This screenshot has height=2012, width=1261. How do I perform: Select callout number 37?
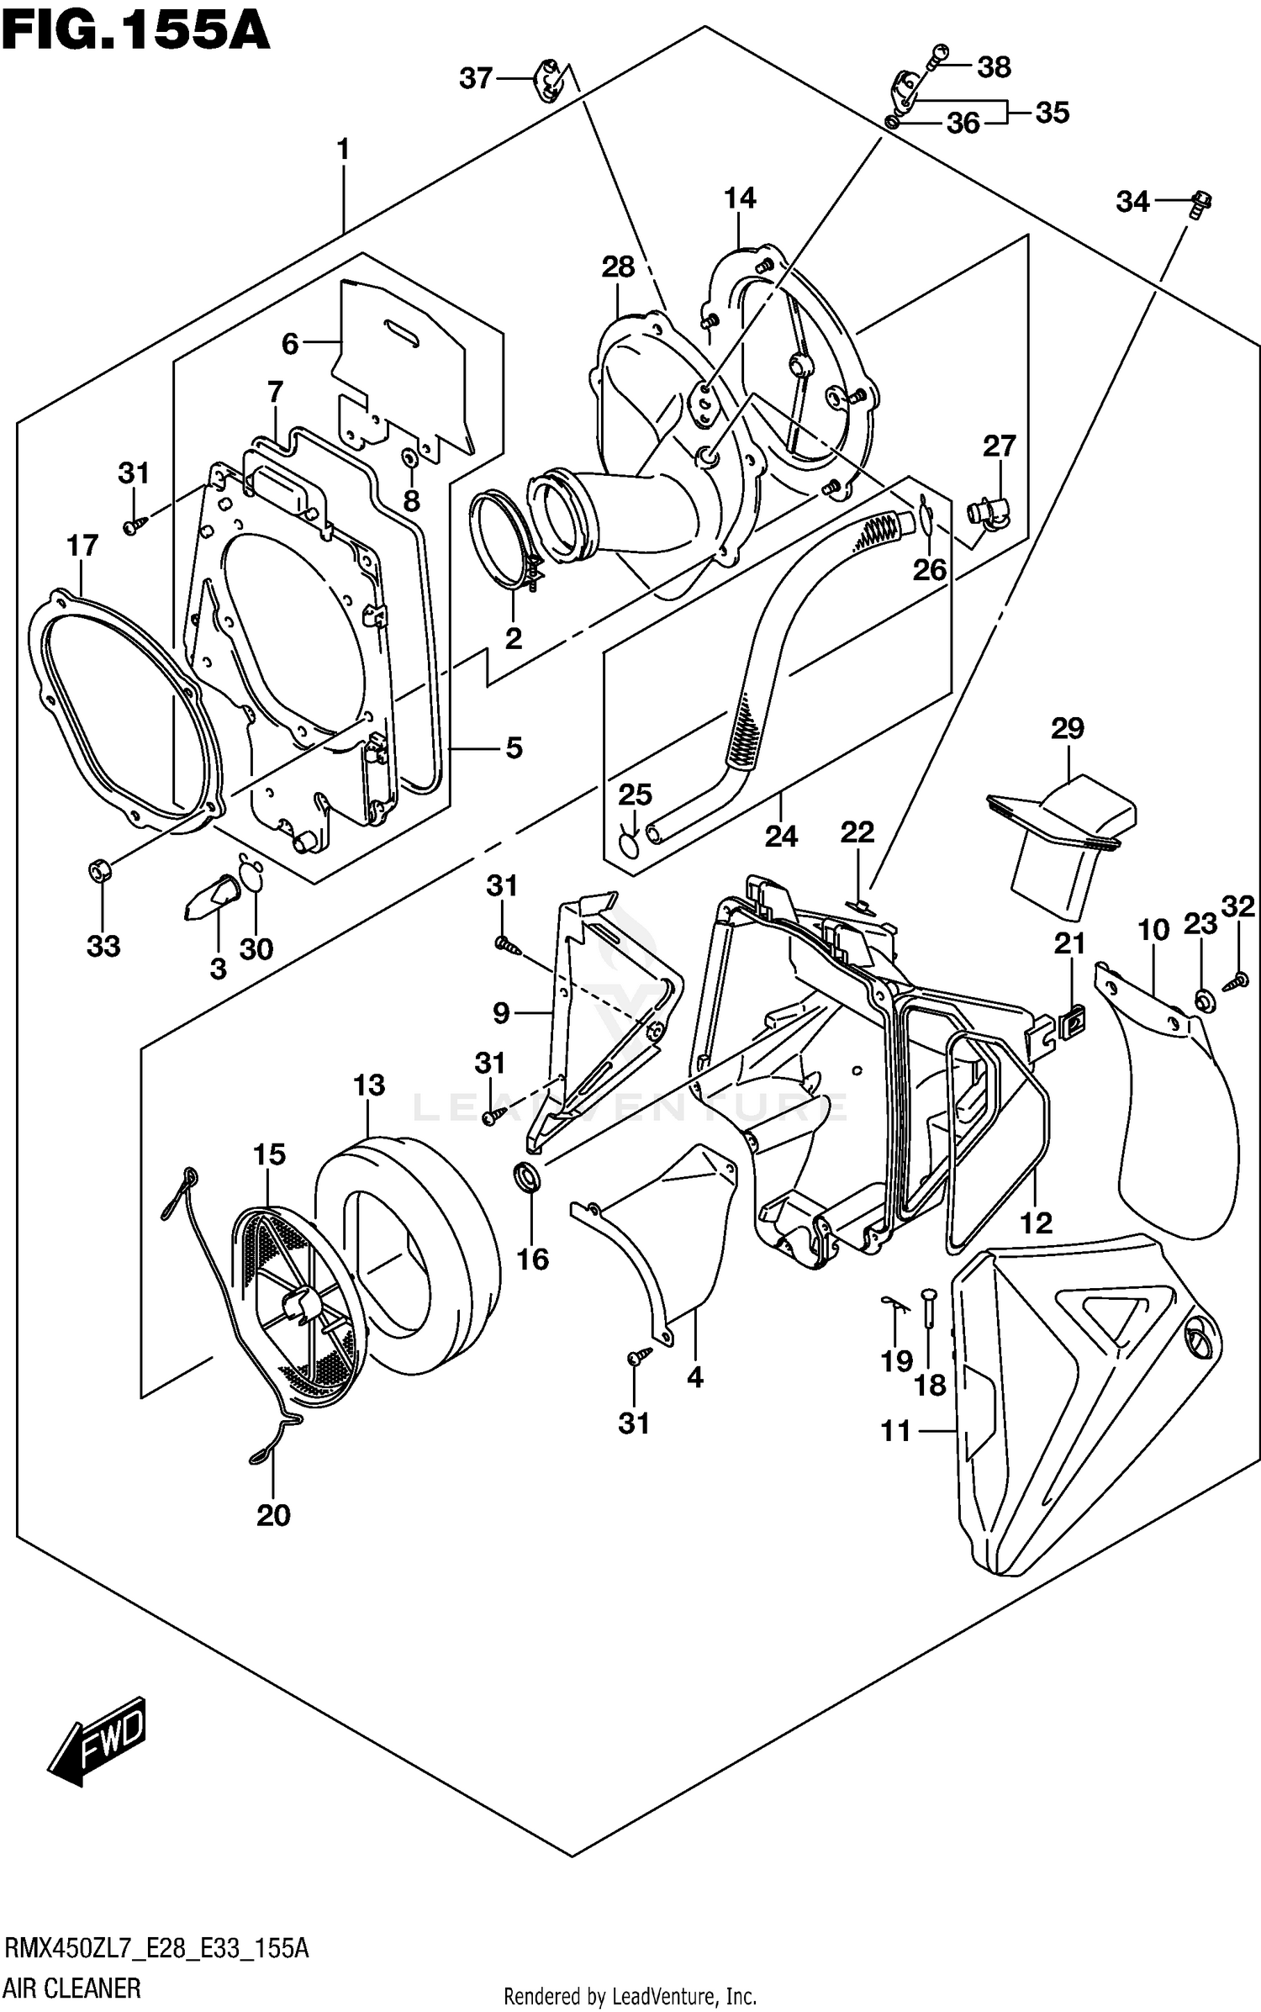[x=475, y=78]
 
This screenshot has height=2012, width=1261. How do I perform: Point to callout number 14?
[x=740, y=198]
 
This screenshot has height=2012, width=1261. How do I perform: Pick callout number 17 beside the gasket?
[x=82, y=547]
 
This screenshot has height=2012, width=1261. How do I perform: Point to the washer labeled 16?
[x=527, y=1178]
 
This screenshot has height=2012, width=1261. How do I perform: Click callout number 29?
[x=1067, y=728]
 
